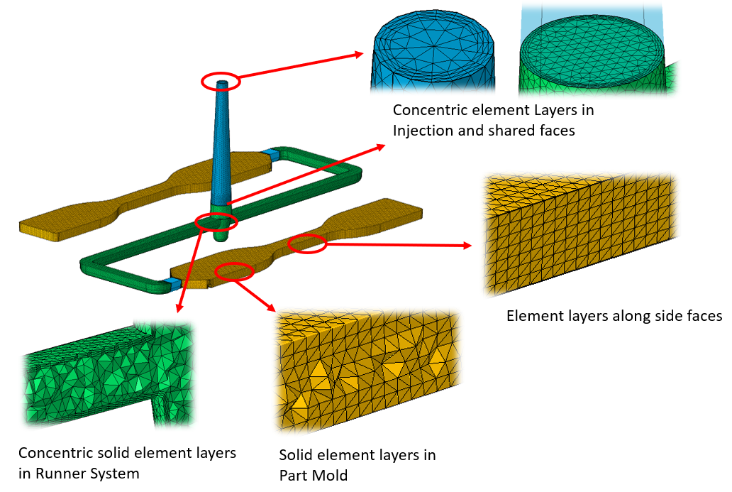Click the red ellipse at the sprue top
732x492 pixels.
221,82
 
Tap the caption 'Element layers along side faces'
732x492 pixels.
614,315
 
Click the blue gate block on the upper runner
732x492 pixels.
270,153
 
